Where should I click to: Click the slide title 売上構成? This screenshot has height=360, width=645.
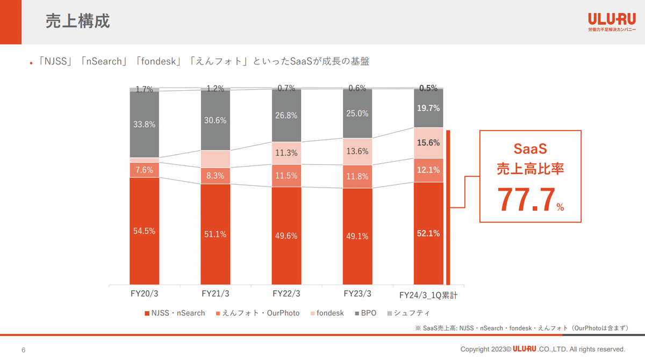(x=78, y=21)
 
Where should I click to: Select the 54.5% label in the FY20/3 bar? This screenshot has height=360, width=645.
(x=144, y=231)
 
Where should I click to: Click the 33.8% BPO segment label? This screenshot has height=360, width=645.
(x=144, y=124)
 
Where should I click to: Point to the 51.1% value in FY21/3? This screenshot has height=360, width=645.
(x=215, y=234)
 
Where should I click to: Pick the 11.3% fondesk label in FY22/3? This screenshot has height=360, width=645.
(x=286, y=153)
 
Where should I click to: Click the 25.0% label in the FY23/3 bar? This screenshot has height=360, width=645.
(x=357, y=113)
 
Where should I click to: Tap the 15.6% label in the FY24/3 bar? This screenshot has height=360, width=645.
(x=428, y=143)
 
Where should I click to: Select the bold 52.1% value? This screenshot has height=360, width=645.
(x=428, y=233)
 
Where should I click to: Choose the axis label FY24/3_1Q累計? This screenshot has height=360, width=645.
(x=428, y=295)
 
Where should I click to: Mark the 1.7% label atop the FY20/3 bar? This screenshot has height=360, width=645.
(x=144, y=90)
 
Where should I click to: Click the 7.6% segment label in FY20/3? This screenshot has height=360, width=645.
(x=144, y=170)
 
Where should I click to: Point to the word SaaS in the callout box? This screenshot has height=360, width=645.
(x=529, y=148)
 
